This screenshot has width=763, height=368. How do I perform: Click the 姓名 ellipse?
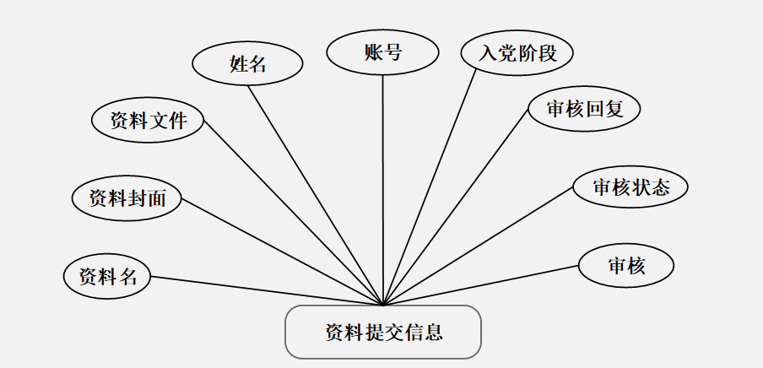(x=247, y=63)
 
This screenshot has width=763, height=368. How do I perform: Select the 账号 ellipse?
(x=382, y=52)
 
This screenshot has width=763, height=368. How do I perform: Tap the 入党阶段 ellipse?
(x=517, y=53)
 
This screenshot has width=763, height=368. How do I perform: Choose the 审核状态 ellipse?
(x=630, y=187)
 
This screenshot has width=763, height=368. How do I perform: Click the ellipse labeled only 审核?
(x=626, y=266)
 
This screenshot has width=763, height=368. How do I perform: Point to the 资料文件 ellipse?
(x=148, y=120)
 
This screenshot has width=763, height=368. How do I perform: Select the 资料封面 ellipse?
(x=127, y=198)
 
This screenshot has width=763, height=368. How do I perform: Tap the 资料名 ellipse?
(x=107, y=276)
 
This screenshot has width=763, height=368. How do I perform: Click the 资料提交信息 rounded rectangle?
(x=383, y=331)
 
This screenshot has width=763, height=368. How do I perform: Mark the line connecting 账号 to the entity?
(x=383, y=190)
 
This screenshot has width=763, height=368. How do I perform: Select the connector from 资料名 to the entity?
(x=266, y=290)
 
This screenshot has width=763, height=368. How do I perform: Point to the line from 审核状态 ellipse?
(x=479, y=246)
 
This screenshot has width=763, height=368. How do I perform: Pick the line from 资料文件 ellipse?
(x=293, y=213)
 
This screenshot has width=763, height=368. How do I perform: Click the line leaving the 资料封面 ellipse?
(x=283, y=252)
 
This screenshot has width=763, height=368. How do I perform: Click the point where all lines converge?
(x=383, y=305)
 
